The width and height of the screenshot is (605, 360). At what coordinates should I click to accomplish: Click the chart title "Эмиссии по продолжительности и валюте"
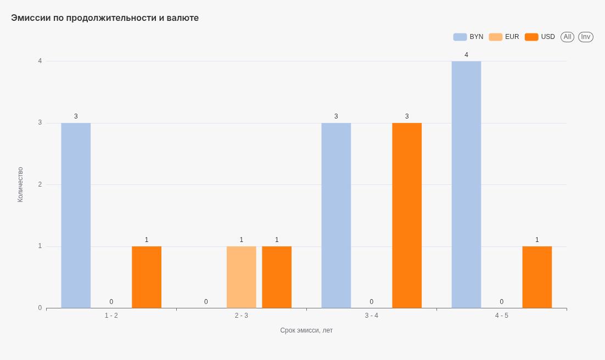point(105,18)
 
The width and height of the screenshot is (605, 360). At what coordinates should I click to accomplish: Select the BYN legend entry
point(468,37)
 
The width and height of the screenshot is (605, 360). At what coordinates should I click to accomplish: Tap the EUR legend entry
point(504,37)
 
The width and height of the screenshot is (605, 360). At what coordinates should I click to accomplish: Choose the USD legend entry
point(540,37)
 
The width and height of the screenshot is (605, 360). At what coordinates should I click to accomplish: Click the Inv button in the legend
point(585,37)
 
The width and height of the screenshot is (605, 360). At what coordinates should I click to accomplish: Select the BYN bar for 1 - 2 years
point(76,215)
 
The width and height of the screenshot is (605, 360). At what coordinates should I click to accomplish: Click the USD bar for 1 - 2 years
point(147,277)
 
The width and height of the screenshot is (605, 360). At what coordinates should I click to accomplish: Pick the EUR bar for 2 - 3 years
point(241,277)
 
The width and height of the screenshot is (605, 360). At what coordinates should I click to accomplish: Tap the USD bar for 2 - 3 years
point(277,277)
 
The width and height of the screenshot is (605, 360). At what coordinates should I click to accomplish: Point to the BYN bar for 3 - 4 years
point(336,215)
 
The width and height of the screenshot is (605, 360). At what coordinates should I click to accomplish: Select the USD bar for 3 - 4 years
point(407,215)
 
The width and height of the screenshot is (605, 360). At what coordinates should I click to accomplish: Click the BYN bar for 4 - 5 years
point(466,184)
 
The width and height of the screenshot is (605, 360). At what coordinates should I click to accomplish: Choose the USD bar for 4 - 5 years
point(537,277)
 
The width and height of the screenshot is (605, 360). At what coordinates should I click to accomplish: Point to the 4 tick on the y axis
point(40,61)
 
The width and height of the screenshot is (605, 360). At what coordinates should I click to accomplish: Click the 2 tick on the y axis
point(40,184)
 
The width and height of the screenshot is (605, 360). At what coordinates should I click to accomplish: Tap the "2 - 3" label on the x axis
point(242,316)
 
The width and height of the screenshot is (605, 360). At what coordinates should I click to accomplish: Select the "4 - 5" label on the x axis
point(502,316)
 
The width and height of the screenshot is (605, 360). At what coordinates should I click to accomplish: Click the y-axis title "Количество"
point(20,184)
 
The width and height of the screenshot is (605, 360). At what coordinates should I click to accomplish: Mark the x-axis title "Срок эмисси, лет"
point(306,330)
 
